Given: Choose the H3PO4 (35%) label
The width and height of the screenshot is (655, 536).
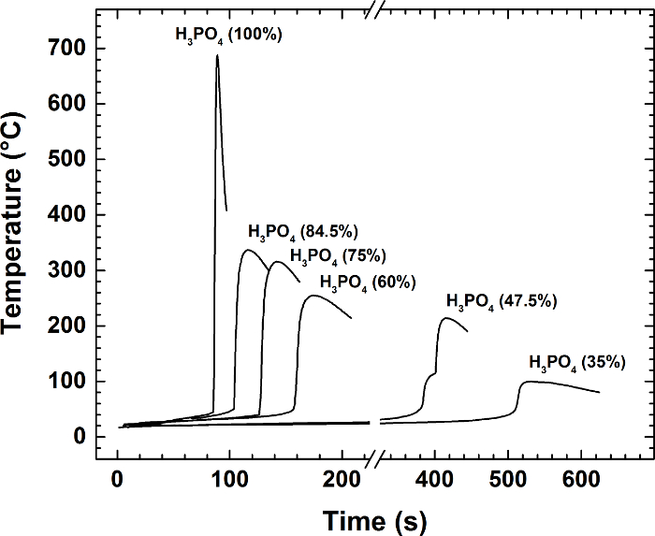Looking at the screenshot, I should point(577,362).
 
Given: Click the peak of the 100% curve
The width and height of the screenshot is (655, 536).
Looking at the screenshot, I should point(217,55).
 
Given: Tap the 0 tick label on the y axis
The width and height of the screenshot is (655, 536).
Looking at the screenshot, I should point(79,437).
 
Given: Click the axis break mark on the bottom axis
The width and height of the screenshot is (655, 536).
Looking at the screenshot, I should point(373,459).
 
